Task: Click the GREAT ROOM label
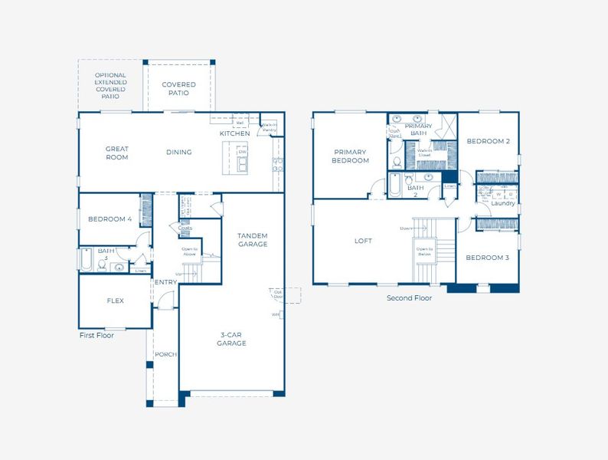click(117, 153)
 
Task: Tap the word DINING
click(178, 152)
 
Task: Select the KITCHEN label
click(234, 133)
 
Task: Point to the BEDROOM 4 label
click(110, 219)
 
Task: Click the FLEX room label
click(115, 301)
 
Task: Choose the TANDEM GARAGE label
click(252, 240)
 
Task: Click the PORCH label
click(165, 354)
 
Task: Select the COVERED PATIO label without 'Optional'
click(178, 89)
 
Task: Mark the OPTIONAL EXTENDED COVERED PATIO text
click(111, 86)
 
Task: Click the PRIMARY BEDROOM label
click(350, 156)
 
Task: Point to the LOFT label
click(363, 241)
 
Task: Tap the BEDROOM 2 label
click(488, 141)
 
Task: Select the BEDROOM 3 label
click(488, 258)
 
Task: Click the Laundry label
click(502, 203)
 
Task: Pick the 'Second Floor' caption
click(409, 297)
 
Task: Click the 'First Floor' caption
click(96, 335)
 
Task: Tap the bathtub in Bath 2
click(394, 186)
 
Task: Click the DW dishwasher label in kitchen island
click(242, 152)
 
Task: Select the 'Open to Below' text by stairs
click(423, 251)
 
